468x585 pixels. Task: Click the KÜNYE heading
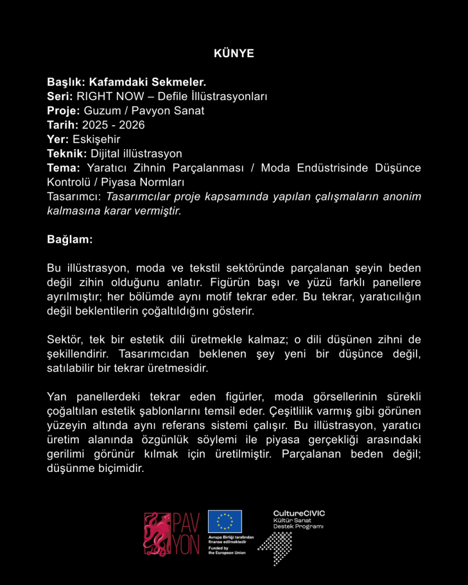click(234, 53)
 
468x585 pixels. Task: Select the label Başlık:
click(66, 82)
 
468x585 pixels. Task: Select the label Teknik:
click(67, 153)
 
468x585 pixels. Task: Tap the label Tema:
click(63, 168)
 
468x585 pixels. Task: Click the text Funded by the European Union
click(227, 550)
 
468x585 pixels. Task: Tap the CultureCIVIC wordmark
click(299, 514)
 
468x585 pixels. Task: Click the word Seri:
click(60, 96)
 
